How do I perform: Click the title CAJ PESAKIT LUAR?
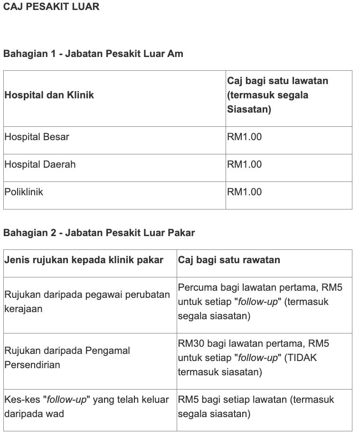[51, 7]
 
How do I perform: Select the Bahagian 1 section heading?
[93, 54]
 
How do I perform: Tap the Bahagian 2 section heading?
[99, 233]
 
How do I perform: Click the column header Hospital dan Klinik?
[49, 95]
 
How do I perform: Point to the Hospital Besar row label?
[37, 137]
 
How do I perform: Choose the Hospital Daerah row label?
[40, 164]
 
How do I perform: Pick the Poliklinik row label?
[24, 192]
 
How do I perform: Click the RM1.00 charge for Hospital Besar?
[244, 137]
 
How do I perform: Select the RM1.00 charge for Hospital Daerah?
[244, 164]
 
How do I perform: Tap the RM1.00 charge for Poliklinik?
[244, 192]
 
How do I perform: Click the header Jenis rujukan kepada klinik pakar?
[84, 260]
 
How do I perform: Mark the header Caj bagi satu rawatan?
[229, 260]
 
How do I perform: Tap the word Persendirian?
[32, 365]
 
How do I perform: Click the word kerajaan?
[23, 309]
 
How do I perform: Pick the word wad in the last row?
[55, 414]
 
